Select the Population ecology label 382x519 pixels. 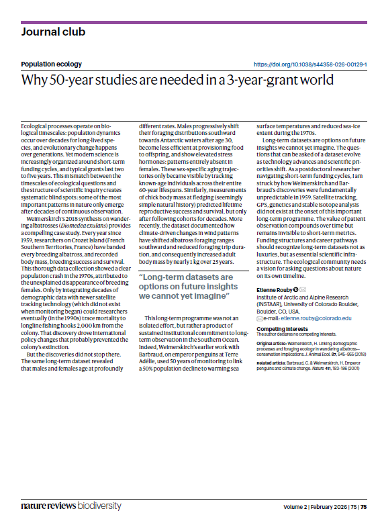(51, 64)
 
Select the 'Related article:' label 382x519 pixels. (273, 363)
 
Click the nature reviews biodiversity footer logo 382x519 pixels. (70, 505)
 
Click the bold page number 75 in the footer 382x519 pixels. (363, 506)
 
